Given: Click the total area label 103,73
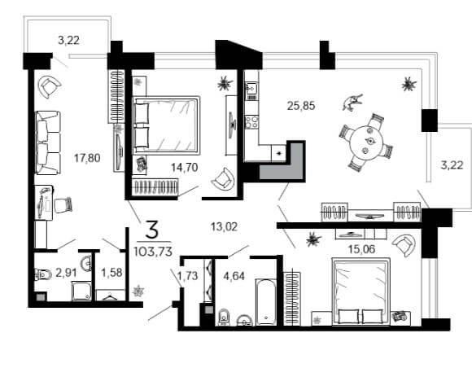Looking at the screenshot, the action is [x=153, y=251].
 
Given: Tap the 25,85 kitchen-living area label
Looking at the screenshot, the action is [x=301, y=106].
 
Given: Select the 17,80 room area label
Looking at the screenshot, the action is [x=87, y=158].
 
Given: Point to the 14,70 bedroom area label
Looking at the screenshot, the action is [x=185, y=167].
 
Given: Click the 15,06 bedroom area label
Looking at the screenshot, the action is [x=361, y=249].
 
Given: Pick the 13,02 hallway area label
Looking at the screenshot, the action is [x=225, y=226].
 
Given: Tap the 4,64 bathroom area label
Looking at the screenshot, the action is [x=234, y=276].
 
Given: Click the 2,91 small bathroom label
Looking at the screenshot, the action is [x=66, y=273].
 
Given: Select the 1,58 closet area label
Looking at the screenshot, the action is [x=111, y=273].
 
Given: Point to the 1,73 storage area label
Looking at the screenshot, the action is [x=188, y=275].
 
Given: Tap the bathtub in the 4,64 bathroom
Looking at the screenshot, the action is [x=266, y=301].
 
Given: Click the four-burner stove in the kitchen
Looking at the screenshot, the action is [x=251, y=122].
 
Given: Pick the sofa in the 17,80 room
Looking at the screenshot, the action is [x=48, y=142].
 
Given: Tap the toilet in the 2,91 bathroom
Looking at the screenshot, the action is [x=43, y=274].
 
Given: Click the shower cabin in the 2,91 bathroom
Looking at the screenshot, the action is [x=81, y=292].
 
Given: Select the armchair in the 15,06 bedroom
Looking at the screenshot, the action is [x=404, y=244].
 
